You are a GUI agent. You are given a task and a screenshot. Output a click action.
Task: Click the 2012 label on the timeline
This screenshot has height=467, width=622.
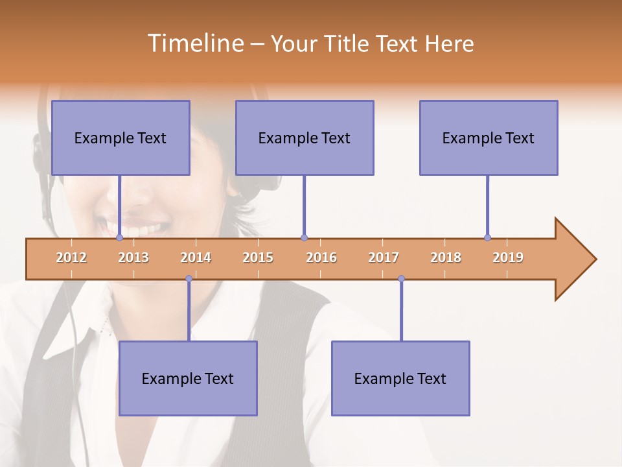coord(71,257)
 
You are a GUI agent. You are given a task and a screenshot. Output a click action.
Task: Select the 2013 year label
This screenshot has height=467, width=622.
coord(133,257)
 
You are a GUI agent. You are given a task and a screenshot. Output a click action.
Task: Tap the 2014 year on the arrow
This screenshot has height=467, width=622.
coord(196,257)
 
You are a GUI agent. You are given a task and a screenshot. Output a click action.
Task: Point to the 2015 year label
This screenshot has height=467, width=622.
coord(258,257)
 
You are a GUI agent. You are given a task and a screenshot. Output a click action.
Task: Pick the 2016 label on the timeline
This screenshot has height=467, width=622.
coord(321,257)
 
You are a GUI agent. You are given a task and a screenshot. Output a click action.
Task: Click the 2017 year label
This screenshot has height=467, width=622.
coord(384,257)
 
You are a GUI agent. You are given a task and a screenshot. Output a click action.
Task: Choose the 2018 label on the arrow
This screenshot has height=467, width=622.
coord(446,257)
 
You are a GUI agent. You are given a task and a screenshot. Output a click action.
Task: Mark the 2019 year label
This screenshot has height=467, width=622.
coord(508,257)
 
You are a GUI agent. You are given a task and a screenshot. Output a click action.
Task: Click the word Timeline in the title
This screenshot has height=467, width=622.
coord(194,43)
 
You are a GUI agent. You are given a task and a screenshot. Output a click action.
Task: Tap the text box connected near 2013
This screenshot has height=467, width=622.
coord(121,138)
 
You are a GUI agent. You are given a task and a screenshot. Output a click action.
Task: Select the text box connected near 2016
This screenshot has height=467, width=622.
coord(305,138)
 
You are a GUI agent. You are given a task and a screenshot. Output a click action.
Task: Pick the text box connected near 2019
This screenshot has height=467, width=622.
coord(489,138)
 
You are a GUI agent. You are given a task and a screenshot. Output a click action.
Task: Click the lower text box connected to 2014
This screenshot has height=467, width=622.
coord(188,378)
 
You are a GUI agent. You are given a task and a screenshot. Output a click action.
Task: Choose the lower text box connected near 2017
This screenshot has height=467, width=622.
coord(400,378)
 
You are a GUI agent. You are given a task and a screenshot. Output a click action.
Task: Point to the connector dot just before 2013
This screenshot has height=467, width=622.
coord(119,238)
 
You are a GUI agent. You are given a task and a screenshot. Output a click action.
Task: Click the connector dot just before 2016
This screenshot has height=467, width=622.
coord(304,238)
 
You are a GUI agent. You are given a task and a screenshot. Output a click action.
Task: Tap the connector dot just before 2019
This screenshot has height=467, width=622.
coord(487,238)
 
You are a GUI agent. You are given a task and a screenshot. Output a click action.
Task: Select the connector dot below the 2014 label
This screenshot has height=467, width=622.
coord(189,279)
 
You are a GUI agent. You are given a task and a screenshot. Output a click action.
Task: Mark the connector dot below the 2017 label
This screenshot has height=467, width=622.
coord(401,279)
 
